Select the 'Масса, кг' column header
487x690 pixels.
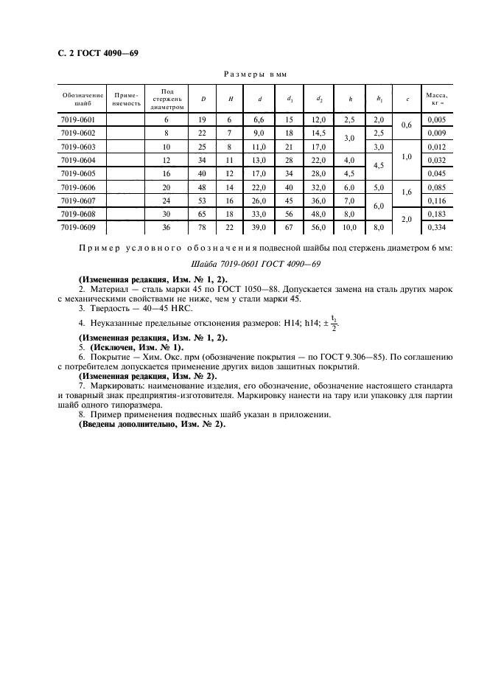coord(437,99)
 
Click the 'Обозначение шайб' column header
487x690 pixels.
coord(83,99)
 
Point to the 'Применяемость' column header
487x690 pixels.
coord(125,99)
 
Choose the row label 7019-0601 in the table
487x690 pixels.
coord(77,119)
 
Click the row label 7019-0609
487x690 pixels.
coord(77,228)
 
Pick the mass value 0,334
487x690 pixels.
coord(437,228)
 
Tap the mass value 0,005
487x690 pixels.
coord(437,119)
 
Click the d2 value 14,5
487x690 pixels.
coord(320,133)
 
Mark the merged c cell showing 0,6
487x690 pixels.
coord(407,126)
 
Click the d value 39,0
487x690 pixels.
coord(260,228)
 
